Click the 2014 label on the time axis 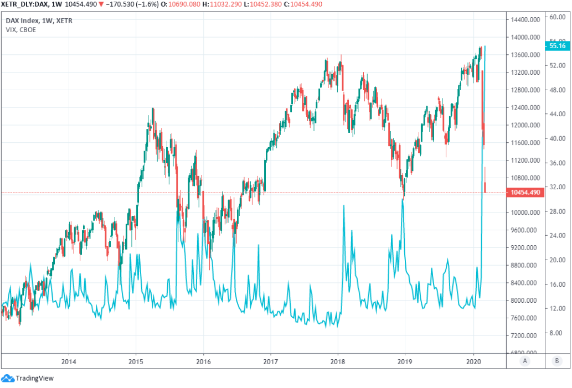(x=69, y=360)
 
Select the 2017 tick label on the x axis (x=271, y=360)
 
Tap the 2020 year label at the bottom (x=473, y=360)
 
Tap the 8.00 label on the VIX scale (x=556, y=333)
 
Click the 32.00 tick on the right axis (x=556, y=187)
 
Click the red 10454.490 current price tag (x=525, y=193)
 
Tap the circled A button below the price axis (x=525, y=360)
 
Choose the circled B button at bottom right (x=556, y=360)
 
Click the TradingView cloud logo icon (x=8, y=379)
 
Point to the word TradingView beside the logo (x=34, y=379)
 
